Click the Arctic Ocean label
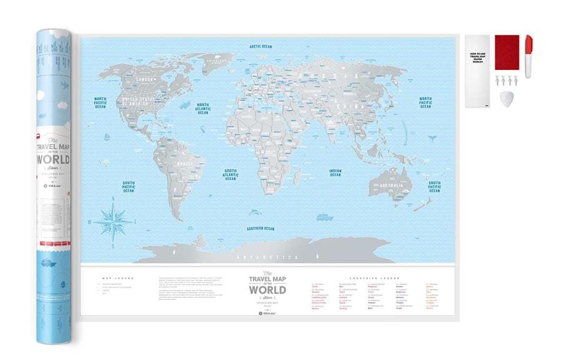[260, 46]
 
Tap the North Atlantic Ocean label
[202, 109]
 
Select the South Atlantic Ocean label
[231, 174]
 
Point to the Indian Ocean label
[335, 172]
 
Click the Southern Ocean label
[260, 228]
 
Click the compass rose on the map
[113, 220]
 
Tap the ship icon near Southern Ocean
[324, 218]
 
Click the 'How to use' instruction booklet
[477, 71]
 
